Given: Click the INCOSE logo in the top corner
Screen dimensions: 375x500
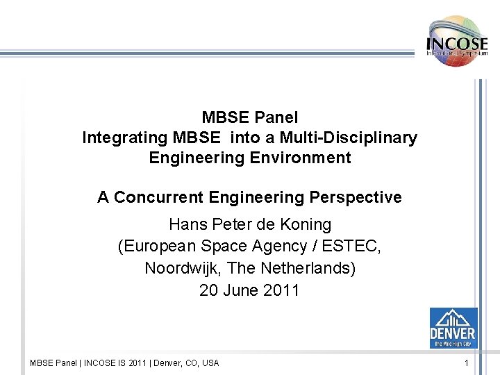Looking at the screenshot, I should coord(457,41).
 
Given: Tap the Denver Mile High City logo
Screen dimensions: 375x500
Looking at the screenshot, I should coord(453,328).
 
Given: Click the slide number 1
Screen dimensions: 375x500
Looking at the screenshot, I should coord(467,362).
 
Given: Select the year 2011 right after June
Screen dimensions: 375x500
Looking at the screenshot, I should coord(281,290).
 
